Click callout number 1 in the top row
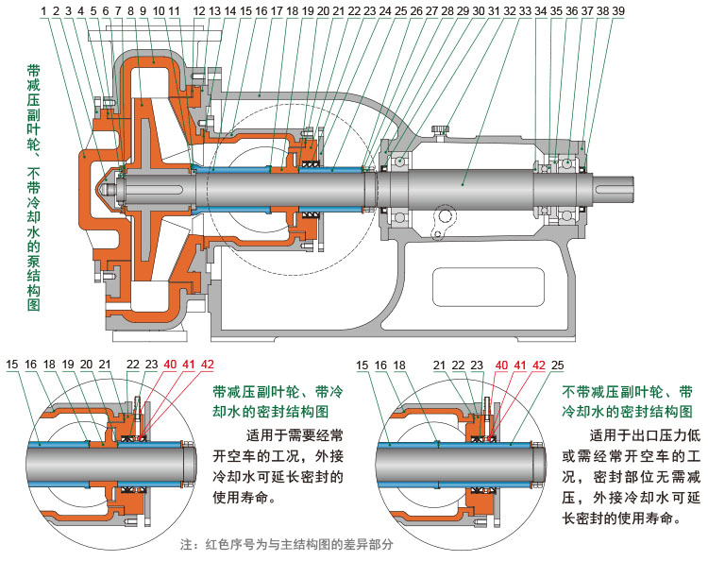point(43,9)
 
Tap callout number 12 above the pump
point(198,9)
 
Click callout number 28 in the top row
point(447,9)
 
